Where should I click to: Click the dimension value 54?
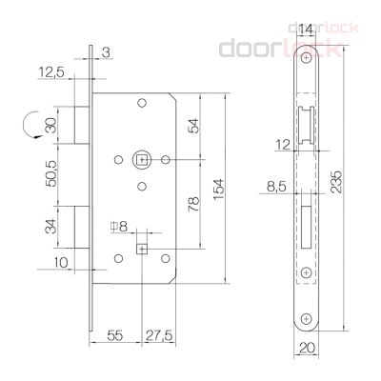pyautogui.click(x=195, y=126)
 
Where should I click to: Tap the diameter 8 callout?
pyautogui.click(x=118, y=226)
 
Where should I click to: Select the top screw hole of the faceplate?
pyautogui.click(x=305, y=59)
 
